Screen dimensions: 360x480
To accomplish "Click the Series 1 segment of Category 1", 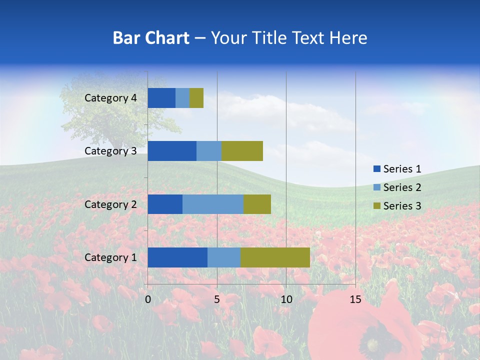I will click(177, 257).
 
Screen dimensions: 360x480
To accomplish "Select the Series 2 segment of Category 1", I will click(224, 257).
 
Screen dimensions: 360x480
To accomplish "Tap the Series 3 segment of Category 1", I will click(275, 257).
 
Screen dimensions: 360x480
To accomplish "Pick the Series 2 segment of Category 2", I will click(213, 204).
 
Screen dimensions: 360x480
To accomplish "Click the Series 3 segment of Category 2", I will click(257, 204).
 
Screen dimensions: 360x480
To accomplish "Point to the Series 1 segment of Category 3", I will click(172, 151).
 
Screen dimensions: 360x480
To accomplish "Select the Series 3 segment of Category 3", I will click(242, 151).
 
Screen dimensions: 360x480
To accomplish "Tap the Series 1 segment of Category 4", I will click(161, 98).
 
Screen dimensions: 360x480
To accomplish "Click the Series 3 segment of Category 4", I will click(196, 98).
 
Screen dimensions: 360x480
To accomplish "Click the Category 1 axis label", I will click(110, 257).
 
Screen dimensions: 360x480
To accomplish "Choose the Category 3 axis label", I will click(110, 151).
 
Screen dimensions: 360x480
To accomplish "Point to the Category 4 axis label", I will click(110, 98).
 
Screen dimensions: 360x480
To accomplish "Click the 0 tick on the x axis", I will click(148, 299).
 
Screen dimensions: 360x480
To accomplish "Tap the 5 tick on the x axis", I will click(217, 299).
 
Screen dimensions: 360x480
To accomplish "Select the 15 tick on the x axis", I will click(355, 299).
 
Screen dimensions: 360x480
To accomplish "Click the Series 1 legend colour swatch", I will click(376, 169).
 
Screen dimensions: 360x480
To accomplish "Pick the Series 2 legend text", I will click(402, 187).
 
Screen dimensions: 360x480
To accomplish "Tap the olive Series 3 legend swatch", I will click(376, 206).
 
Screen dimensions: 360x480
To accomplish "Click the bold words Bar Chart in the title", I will click(151, 38).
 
